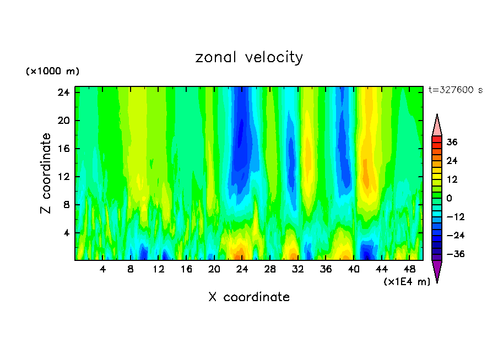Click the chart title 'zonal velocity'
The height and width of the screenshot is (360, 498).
click(249, 57)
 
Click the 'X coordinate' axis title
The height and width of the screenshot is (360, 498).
click(249, 297)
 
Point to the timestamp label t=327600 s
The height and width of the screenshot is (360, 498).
click(456, 90)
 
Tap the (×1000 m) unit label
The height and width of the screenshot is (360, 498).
click(52, 72)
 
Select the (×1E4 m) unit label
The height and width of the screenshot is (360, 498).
click(407, 282)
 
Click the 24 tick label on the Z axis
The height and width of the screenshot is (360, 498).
click(62, 92)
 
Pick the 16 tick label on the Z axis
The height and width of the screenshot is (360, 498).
click(62, 149)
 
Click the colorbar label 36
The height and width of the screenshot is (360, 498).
click(452, 142)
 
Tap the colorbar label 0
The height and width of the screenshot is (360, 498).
click(450, 198)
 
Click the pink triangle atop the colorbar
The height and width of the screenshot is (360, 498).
click(437, 126)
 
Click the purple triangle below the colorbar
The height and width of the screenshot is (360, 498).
click(437, 270)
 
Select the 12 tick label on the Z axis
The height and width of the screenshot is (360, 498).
click(62, 177)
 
